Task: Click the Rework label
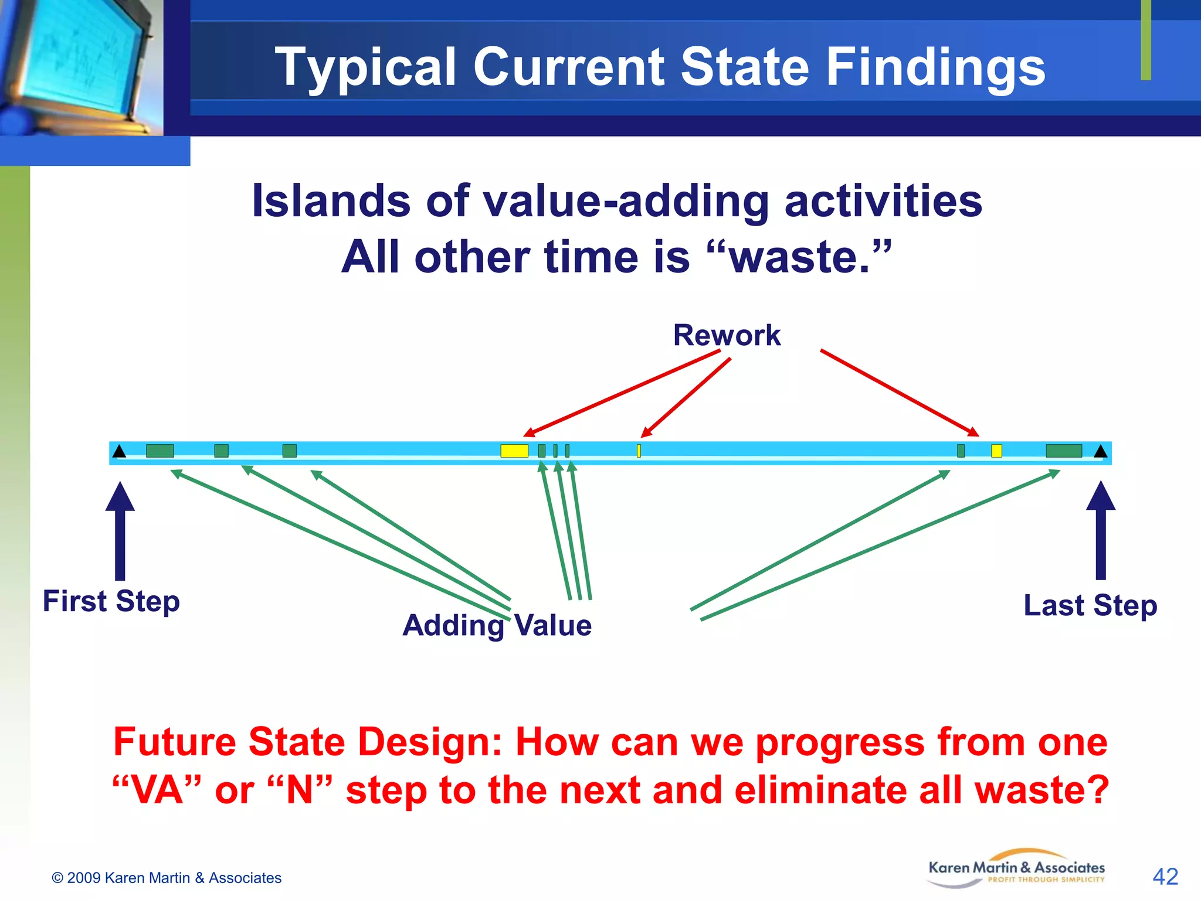[726, 335]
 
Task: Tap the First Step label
[111, 601]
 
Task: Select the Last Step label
[1090, 605]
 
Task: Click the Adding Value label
[497, 625]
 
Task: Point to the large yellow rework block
[514, 451]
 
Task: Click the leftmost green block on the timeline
[160, 451]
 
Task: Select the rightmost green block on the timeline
[1063, 451]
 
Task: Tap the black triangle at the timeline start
[119, 451]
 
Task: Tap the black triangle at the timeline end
[1100, 451]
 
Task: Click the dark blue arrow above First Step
[120, 530]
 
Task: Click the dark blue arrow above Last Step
[1101, 530]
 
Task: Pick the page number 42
[1165, 877]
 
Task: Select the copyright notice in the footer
[167, 878]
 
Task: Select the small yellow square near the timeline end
[996, 451]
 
